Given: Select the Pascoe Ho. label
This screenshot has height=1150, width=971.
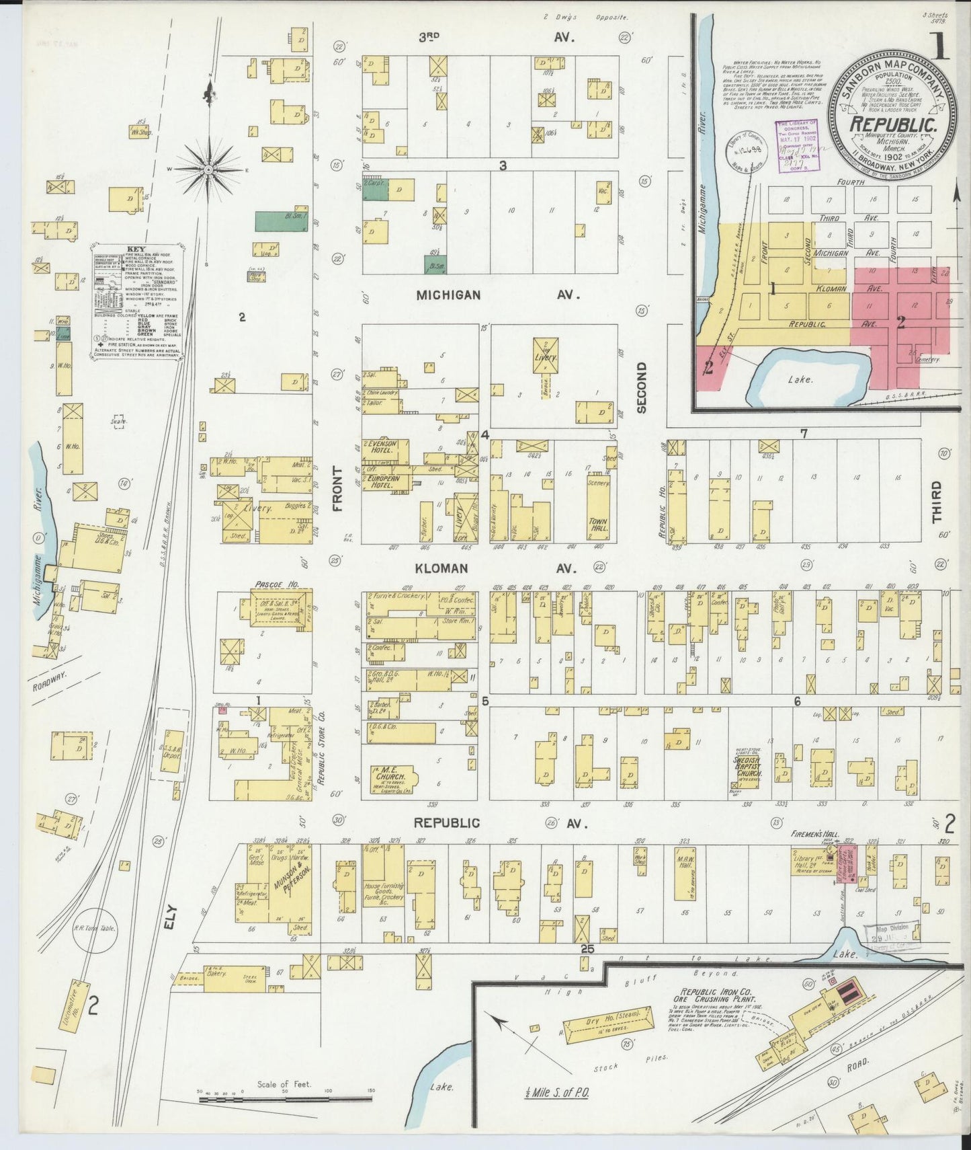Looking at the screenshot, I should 276,585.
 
